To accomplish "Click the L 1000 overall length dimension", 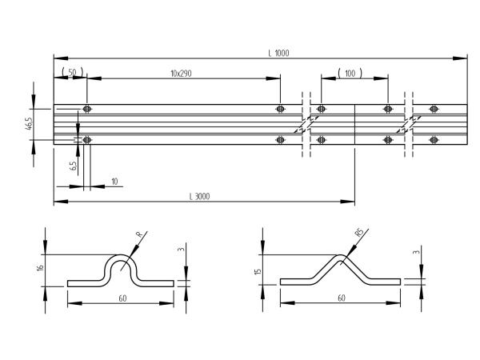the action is pyautogui.click(x=278, y=53).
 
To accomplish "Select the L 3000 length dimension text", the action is pyautogui.click(x=199, y=196).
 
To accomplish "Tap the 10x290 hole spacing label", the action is pyautogui.click(x=181, y=74).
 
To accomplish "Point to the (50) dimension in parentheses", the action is pyautogui.click(x=72, y=73).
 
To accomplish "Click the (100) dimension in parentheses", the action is pyautogui.click(x=350, y=74).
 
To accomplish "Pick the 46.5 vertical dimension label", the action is pyautogui.click(x=29, y=122).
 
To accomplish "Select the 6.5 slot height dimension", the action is pyautogui.click(x=74, y=166).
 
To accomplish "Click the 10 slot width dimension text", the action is pyautogui.click(x=114, y=182).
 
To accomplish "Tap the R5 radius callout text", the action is pyautogui.click(x=359, y=232).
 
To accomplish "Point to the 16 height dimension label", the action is pyautogui.click(x=40, y=267).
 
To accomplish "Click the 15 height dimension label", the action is pyautogui.click(x=258, y=271).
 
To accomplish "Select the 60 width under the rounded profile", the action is pyautogui.click(x=122, y=298).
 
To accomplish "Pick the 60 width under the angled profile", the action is pyautogui.click(x=342, y=298).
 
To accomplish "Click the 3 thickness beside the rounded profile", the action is pyautogui.click(x=182, y=249).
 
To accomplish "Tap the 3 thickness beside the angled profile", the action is pyautogui.click(x=416, y=252).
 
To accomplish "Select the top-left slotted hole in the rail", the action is pyautogui.click(x=87, y=109).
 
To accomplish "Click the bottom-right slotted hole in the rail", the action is pyautogui.click(x=434, y=140).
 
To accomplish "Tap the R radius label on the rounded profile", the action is pyautogui.click(x=139, y=234).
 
